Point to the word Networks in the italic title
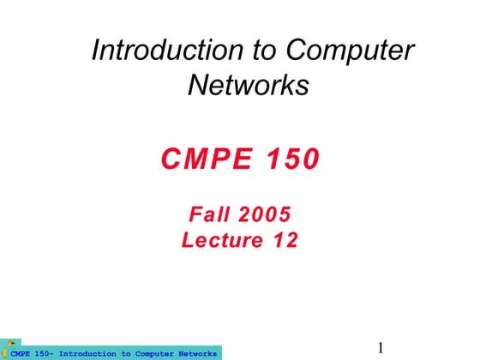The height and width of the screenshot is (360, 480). (x=248, y=86)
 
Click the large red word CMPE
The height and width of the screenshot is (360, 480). (x=202, y=159)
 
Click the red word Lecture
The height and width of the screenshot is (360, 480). (x=221, y=241)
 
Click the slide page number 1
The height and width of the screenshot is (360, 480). (x=381, y=348)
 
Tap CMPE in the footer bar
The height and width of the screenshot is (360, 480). (x=20, y=353)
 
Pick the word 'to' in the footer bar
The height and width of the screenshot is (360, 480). (x=126, y=353)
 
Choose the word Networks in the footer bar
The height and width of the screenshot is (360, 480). (x=200, y=353)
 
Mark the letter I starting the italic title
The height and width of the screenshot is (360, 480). (x=97, y=51)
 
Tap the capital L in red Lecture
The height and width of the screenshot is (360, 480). (x=188, y=241)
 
